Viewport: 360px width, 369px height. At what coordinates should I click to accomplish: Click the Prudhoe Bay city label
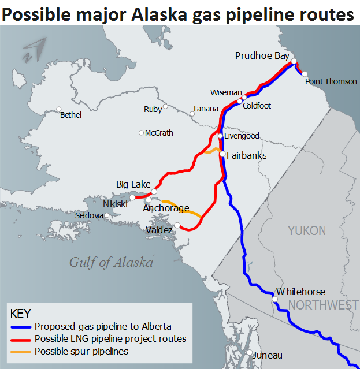pos(262,55)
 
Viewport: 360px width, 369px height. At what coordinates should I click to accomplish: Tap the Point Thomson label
pos(331,81)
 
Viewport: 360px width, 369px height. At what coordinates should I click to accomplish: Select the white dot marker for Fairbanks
pos(222,154)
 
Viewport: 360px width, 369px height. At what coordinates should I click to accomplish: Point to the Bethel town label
pos(70,115)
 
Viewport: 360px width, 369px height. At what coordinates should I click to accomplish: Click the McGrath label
pos(159,133)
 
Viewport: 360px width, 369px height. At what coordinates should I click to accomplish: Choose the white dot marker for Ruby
pos(165,106)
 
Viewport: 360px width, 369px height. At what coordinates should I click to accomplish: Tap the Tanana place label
pos(205,109)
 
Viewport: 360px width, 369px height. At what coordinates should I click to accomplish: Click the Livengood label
pos(242,136)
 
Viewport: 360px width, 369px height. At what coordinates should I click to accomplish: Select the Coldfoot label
pos(257,106)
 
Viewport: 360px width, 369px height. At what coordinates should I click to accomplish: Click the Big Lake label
pos(133,184)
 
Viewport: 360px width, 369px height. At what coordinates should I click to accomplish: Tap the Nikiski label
pos(116,204)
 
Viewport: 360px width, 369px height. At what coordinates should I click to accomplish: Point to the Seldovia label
pos(89,215)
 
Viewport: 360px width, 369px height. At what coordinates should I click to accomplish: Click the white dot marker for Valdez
pos(177,225)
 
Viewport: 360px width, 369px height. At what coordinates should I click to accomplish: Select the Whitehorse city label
pos(300,292)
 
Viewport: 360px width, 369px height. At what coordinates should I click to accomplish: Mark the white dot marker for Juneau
pos(249,353)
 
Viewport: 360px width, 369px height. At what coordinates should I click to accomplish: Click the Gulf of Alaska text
pos(111,262)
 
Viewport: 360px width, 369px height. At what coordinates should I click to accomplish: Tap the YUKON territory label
pos(307,231)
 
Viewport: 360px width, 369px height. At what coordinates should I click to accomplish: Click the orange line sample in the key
pos(20,351)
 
